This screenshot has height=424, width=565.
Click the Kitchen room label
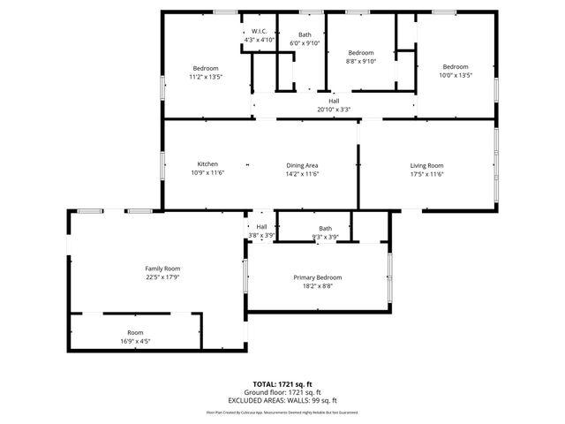point(207,164)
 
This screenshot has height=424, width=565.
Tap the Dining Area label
point(302,164)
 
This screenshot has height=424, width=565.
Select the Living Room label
point(426,165)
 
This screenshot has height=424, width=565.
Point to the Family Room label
point(162,268)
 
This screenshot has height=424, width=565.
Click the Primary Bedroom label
point(317,277)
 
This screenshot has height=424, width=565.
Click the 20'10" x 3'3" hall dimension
point(334,110)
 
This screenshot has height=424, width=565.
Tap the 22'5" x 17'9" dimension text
point(162,276)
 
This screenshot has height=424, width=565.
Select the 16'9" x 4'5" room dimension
point(135,341)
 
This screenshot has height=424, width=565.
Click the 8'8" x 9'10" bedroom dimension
point(360,61)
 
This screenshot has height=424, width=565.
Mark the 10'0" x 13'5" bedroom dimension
point(456,76)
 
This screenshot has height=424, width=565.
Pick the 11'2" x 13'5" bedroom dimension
point(206,77)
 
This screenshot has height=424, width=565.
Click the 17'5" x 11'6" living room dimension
point(426,174)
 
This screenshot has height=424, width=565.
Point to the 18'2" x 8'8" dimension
point(317,286)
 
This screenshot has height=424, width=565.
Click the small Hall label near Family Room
point(262,227)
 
